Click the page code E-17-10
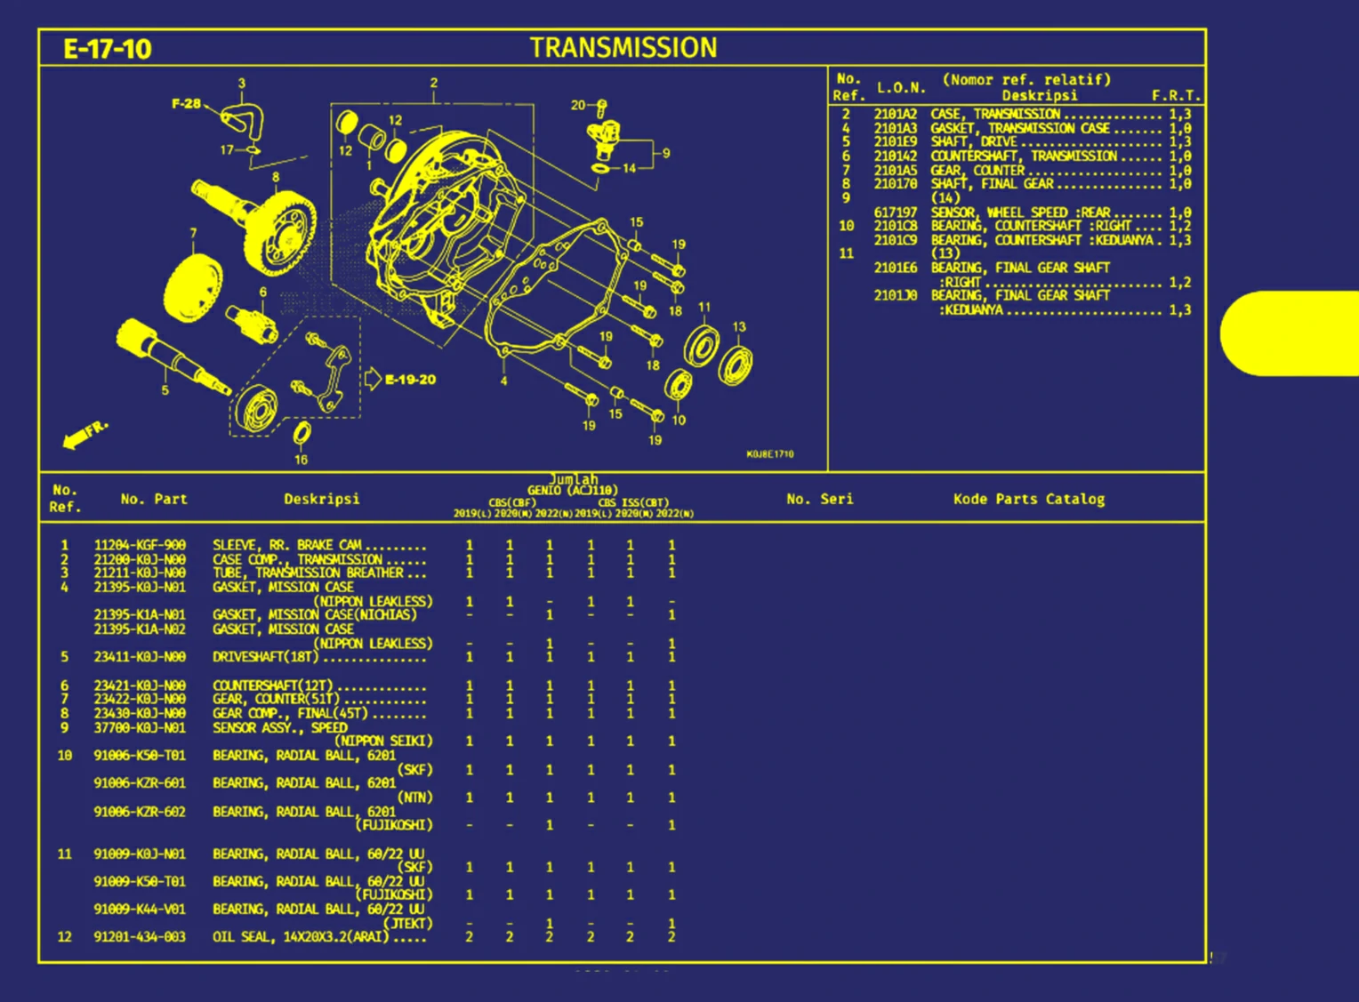click(108, 49)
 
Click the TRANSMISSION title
click(623, 48)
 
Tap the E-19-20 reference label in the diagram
click(410, 380)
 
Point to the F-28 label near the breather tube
click(186, 104)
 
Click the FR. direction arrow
click(84, 435)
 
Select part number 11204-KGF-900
click(140, 545)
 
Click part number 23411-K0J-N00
click(140, 657)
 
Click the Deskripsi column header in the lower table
click(322, 499)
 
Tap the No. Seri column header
click(819, 499)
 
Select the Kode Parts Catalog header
click(1029, 499)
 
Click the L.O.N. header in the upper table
click(901, 87)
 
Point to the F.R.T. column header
click(1176, 95)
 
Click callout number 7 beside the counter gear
click(193, 233)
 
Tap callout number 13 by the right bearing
click(739, 327)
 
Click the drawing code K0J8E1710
click(770, 454)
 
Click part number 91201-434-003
click(140, 937)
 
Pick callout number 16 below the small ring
click(301, 460)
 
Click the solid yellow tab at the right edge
click(1294, 333)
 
